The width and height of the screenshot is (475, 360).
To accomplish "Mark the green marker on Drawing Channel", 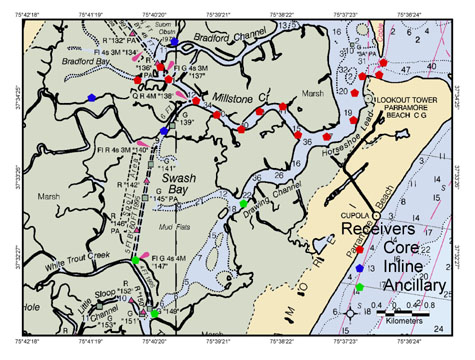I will (243, 204).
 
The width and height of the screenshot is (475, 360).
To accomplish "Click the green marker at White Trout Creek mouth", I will (135, 261).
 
